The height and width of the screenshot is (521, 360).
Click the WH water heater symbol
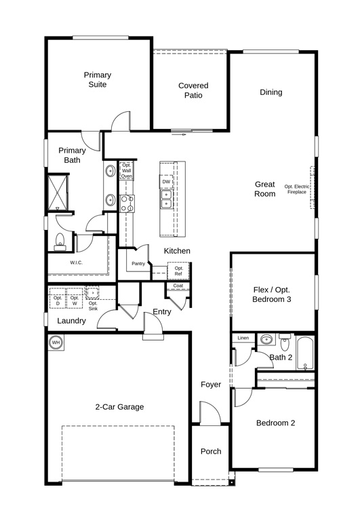(56, 342)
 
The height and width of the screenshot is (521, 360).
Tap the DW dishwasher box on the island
(166, 181)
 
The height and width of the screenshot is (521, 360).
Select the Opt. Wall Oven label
(127, 170)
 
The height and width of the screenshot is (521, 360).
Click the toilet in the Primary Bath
(60, 242)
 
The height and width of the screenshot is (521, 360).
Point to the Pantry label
(138, 263)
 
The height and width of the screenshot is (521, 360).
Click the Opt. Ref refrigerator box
(178, 271)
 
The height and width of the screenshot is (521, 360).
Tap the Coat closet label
(178, 286)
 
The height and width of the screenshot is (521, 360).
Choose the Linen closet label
(243, 338)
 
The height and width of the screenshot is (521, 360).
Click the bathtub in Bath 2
(305, 353)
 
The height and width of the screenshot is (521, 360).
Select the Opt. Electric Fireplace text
(296, 189)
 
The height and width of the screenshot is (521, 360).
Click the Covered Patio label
(193, 90)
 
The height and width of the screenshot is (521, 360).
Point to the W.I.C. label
(76, 263)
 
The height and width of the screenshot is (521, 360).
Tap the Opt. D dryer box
(58, 298)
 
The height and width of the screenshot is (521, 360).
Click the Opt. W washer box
(75, 298)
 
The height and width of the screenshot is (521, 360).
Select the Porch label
(211, 451)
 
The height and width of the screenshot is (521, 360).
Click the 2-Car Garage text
(119, 407)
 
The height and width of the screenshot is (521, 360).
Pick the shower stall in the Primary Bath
(58, 193)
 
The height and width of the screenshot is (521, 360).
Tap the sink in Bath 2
(266, 340)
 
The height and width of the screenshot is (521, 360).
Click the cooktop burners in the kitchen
(127, 204)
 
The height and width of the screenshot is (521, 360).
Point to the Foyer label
(211, 385)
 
